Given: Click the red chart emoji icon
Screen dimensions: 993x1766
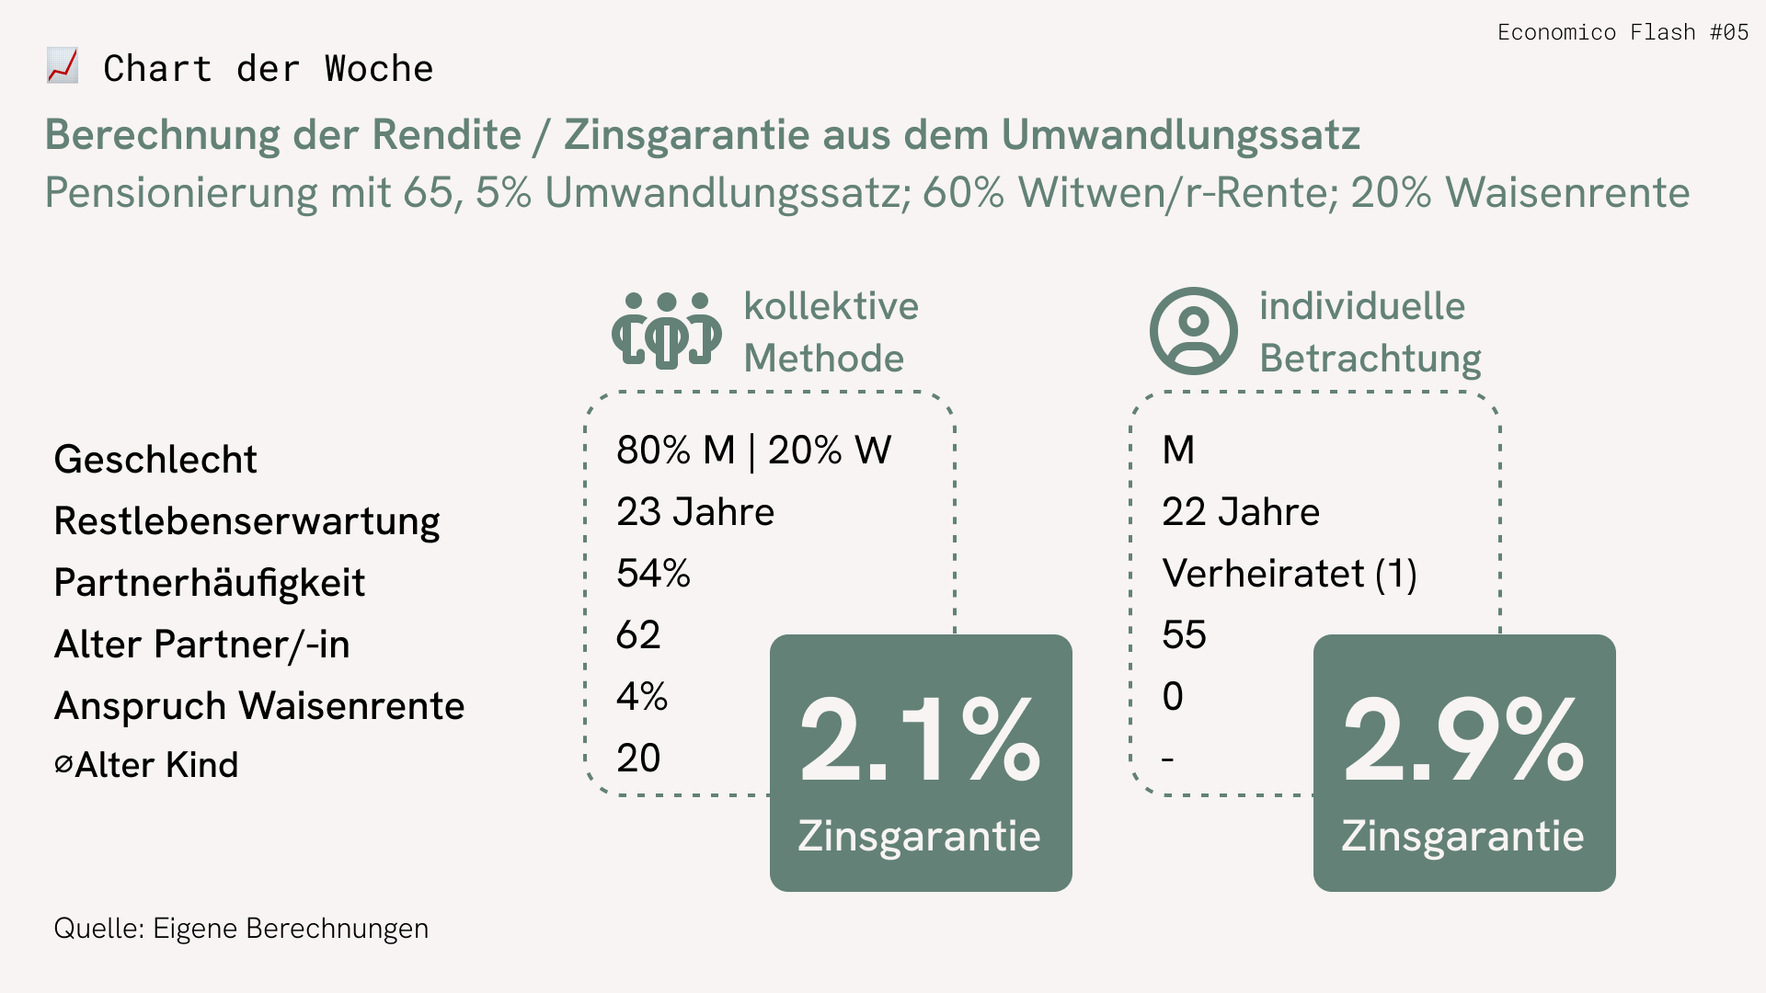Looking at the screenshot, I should tap(63, 66).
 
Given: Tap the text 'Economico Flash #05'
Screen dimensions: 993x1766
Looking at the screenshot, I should tap(1623, 32).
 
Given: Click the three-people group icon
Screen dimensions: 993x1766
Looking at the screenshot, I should tap(667, 331).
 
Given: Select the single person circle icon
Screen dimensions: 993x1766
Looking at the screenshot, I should tap(1193, 331).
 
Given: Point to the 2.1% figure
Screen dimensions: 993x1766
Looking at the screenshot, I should tap(920, 739).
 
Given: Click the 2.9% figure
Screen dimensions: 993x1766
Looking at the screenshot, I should tap(1463, 739).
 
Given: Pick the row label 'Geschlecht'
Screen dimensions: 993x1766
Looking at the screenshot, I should tap(155, 459).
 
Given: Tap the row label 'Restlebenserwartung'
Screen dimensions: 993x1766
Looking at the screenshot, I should tap(247, 520).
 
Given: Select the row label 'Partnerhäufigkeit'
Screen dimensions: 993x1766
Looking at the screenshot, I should tap(210, 582).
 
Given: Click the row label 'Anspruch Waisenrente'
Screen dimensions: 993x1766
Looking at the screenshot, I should tap(259, 705).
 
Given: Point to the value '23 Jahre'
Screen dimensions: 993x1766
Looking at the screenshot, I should tap(695, 511).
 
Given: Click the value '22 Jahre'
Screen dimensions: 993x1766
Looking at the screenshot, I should tap(1241, 511).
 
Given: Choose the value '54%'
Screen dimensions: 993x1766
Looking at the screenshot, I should tap(653, 573).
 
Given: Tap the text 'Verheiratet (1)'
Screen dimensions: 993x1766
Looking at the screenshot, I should tap(1290, 573).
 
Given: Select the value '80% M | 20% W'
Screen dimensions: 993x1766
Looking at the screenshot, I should tap(753, 450).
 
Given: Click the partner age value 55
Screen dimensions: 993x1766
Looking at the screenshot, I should tap(1184, 634).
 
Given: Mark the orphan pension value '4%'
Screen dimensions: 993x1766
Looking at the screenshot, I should tap(642, 696).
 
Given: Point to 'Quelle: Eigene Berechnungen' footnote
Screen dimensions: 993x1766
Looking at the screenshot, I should tap(241, 929).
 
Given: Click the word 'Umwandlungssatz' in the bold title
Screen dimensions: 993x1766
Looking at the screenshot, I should tap(1180, 134).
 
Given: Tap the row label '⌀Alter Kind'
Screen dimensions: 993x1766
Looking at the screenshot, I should tap(147, 764).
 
